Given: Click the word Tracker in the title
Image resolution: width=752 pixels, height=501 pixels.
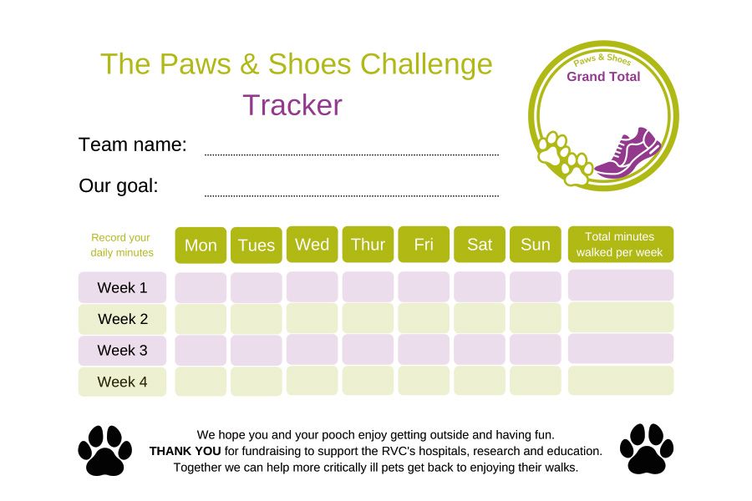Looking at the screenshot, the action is [292, 105].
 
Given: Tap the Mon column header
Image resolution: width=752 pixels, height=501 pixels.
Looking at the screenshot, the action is [201, 245].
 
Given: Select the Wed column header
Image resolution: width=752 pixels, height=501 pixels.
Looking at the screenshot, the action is [312, 245].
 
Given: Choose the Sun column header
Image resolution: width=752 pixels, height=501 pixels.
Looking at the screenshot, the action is [536, 245].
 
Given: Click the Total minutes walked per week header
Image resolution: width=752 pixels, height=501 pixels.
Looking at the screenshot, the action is [621, 245].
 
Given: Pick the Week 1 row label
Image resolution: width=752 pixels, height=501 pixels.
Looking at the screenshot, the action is [122, 287].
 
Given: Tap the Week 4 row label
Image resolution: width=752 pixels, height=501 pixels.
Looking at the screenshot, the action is [122, 382].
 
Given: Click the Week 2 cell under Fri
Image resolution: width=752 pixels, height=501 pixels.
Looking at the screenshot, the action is [424, 318].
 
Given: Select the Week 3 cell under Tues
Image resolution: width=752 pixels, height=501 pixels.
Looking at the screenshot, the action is [257, 350].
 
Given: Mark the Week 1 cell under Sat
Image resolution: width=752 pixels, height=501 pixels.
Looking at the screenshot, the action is [480, 286].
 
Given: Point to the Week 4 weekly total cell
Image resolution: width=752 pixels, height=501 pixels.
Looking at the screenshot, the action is [621, 381].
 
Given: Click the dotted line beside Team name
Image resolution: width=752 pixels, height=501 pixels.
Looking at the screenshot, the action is [352, 154].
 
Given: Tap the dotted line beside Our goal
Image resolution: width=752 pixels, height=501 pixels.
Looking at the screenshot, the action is [352, 195].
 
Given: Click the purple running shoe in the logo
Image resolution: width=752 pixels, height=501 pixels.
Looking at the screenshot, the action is [628, 154].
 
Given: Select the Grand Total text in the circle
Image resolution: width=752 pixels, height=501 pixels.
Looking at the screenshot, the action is [603, 77].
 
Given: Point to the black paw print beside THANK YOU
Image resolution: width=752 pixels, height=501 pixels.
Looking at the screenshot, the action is [105, 450].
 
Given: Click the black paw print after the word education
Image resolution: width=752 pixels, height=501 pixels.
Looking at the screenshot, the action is [647, 448].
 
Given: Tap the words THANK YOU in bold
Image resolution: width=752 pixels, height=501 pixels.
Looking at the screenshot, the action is [185, 451].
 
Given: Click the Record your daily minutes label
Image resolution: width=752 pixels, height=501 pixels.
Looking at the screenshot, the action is [122, 245].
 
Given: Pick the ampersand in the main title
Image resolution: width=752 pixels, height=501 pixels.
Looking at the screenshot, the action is [249, 64].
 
